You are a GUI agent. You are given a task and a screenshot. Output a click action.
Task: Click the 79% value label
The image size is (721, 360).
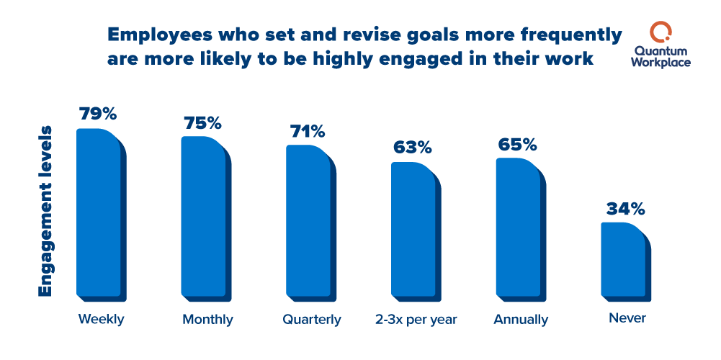pos(97,114)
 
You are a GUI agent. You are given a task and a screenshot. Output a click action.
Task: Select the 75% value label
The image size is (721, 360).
pos(202,122)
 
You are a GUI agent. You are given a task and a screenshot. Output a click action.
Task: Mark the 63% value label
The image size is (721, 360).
pos(412,148)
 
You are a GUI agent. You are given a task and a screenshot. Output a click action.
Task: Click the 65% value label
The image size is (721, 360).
pos(517,144)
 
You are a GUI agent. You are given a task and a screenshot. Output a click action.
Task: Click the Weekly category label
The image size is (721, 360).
pos(101,319)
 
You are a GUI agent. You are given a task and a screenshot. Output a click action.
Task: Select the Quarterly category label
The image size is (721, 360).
pos(311,319)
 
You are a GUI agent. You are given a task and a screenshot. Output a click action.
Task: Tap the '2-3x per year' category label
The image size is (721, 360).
pos(416,319)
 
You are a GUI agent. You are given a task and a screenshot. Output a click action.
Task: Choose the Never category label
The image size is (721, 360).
pos(626,318)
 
